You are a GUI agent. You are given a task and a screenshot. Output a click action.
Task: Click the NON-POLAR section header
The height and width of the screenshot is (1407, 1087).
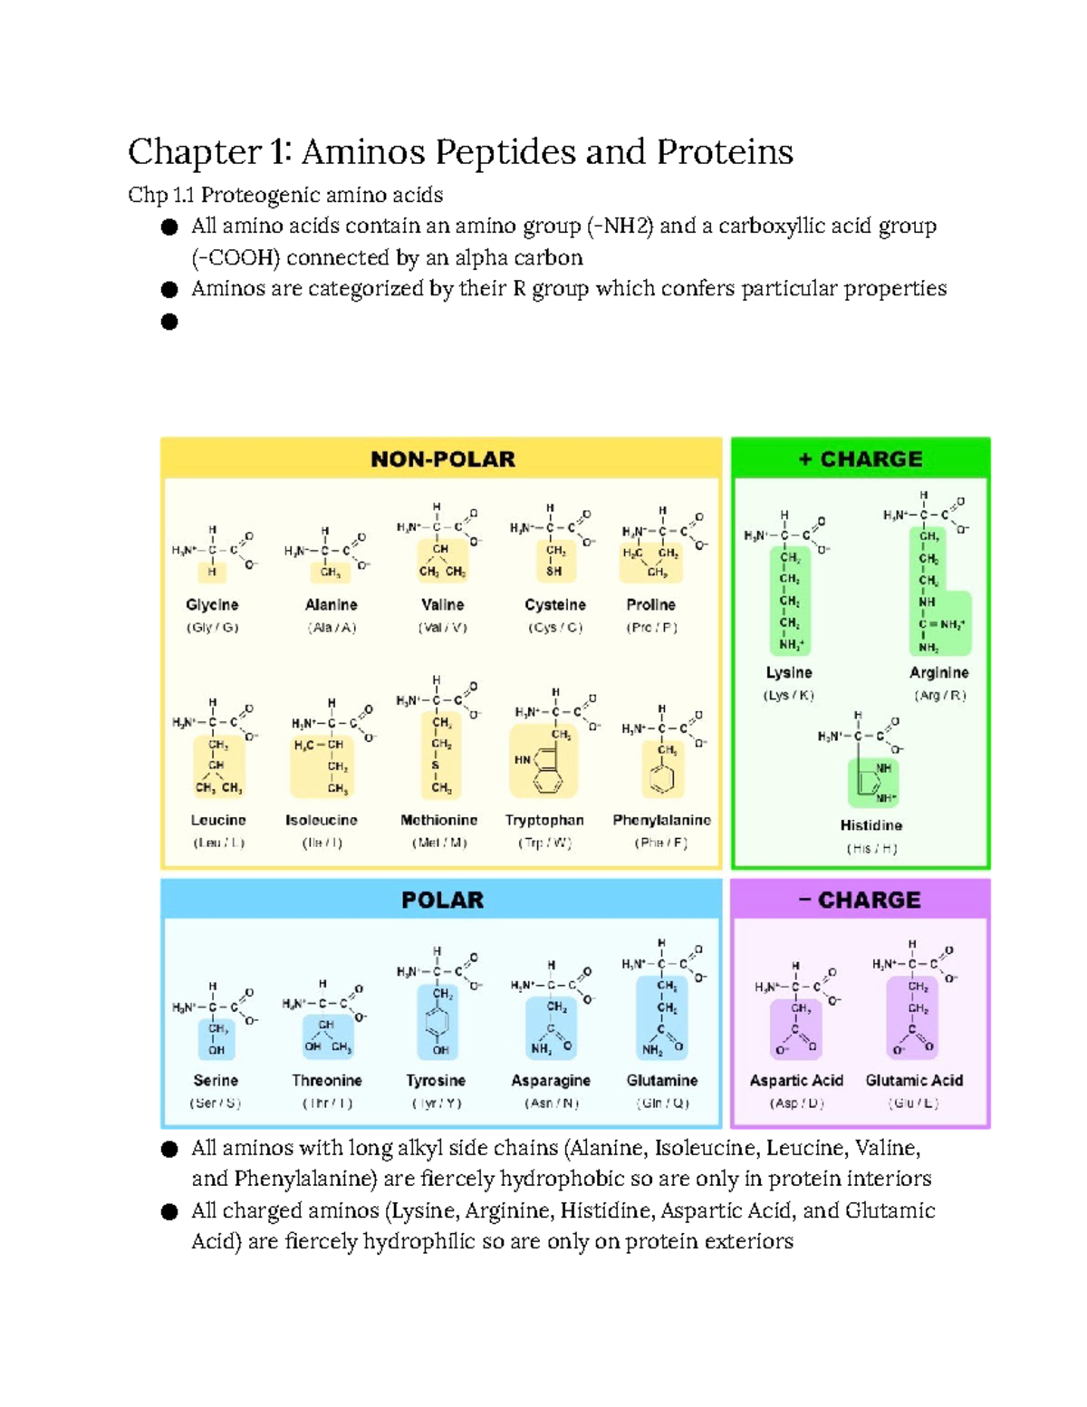click(x=442, y=459)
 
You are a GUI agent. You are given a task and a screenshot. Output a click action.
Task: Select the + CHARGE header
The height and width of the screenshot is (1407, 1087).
click(x=861, y=459)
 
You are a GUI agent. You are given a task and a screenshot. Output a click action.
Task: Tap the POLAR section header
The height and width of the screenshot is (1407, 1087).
click(x=442, y=900)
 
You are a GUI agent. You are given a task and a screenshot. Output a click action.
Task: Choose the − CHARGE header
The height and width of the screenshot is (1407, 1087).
click(x=860, y=900)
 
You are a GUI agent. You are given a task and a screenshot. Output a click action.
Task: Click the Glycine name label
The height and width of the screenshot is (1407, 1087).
click(x=212, y=604)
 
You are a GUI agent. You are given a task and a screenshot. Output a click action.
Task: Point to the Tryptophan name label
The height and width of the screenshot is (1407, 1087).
click(x=544, y=820)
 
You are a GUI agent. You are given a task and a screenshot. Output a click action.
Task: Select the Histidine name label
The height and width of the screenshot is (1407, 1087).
click(x=871, y=825)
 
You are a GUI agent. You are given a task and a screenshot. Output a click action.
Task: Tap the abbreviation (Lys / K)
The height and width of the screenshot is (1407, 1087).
click(x=788, y=696)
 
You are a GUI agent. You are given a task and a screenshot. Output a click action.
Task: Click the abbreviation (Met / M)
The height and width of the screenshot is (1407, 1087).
click(x=439, y=843)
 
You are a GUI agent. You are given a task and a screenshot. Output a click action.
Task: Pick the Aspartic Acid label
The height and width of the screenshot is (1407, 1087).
click(x=796, y=1080)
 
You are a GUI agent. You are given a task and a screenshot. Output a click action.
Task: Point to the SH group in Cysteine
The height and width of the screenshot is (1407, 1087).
click(x=553, y=572)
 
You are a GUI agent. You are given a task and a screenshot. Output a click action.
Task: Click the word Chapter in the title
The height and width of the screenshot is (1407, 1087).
click(x=194, y=151)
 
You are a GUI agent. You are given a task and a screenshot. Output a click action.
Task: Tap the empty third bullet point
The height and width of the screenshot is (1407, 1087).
click(x=169, y=322)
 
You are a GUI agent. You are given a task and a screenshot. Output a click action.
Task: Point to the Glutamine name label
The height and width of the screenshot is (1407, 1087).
click(x=662, y=1080)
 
